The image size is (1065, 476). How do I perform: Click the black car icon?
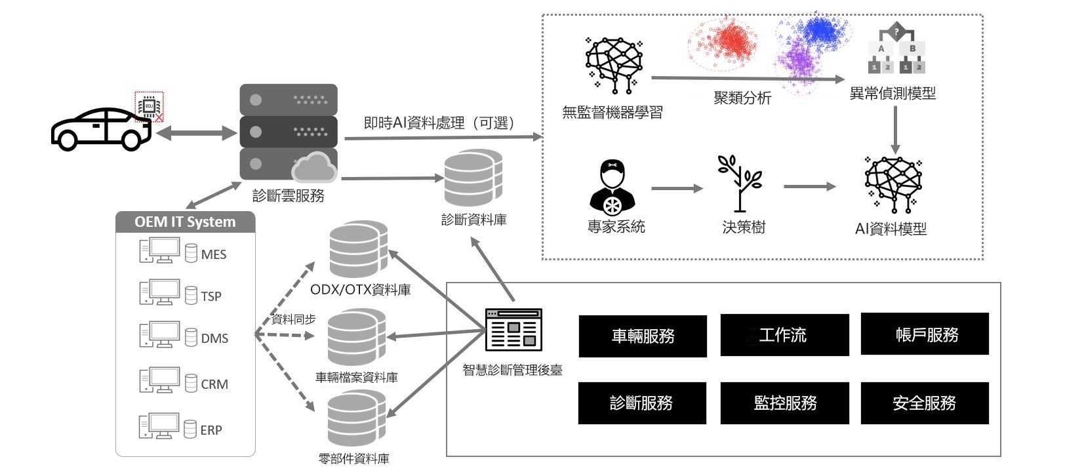click(101, 129)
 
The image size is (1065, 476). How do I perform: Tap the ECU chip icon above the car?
click(150, 106)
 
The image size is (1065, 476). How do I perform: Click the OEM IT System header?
click(185, 222)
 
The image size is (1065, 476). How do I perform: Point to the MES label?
click(214, 254)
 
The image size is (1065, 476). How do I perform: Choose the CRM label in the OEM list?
click(214, 384)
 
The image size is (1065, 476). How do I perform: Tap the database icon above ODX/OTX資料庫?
click(357, 250)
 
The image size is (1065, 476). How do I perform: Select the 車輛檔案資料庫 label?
click(357, 378)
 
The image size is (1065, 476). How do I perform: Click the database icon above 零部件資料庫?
click(356, 420)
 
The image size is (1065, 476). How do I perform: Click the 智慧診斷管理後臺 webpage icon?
click(513, 330)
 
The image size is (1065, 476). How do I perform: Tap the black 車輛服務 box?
click(642, 336)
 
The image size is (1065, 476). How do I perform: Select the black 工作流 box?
click(784, 335)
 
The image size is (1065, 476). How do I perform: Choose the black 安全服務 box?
click(924, 403)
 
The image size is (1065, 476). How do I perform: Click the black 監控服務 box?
click(784, 403)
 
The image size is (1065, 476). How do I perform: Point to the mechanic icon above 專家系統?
click(613, 188)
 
